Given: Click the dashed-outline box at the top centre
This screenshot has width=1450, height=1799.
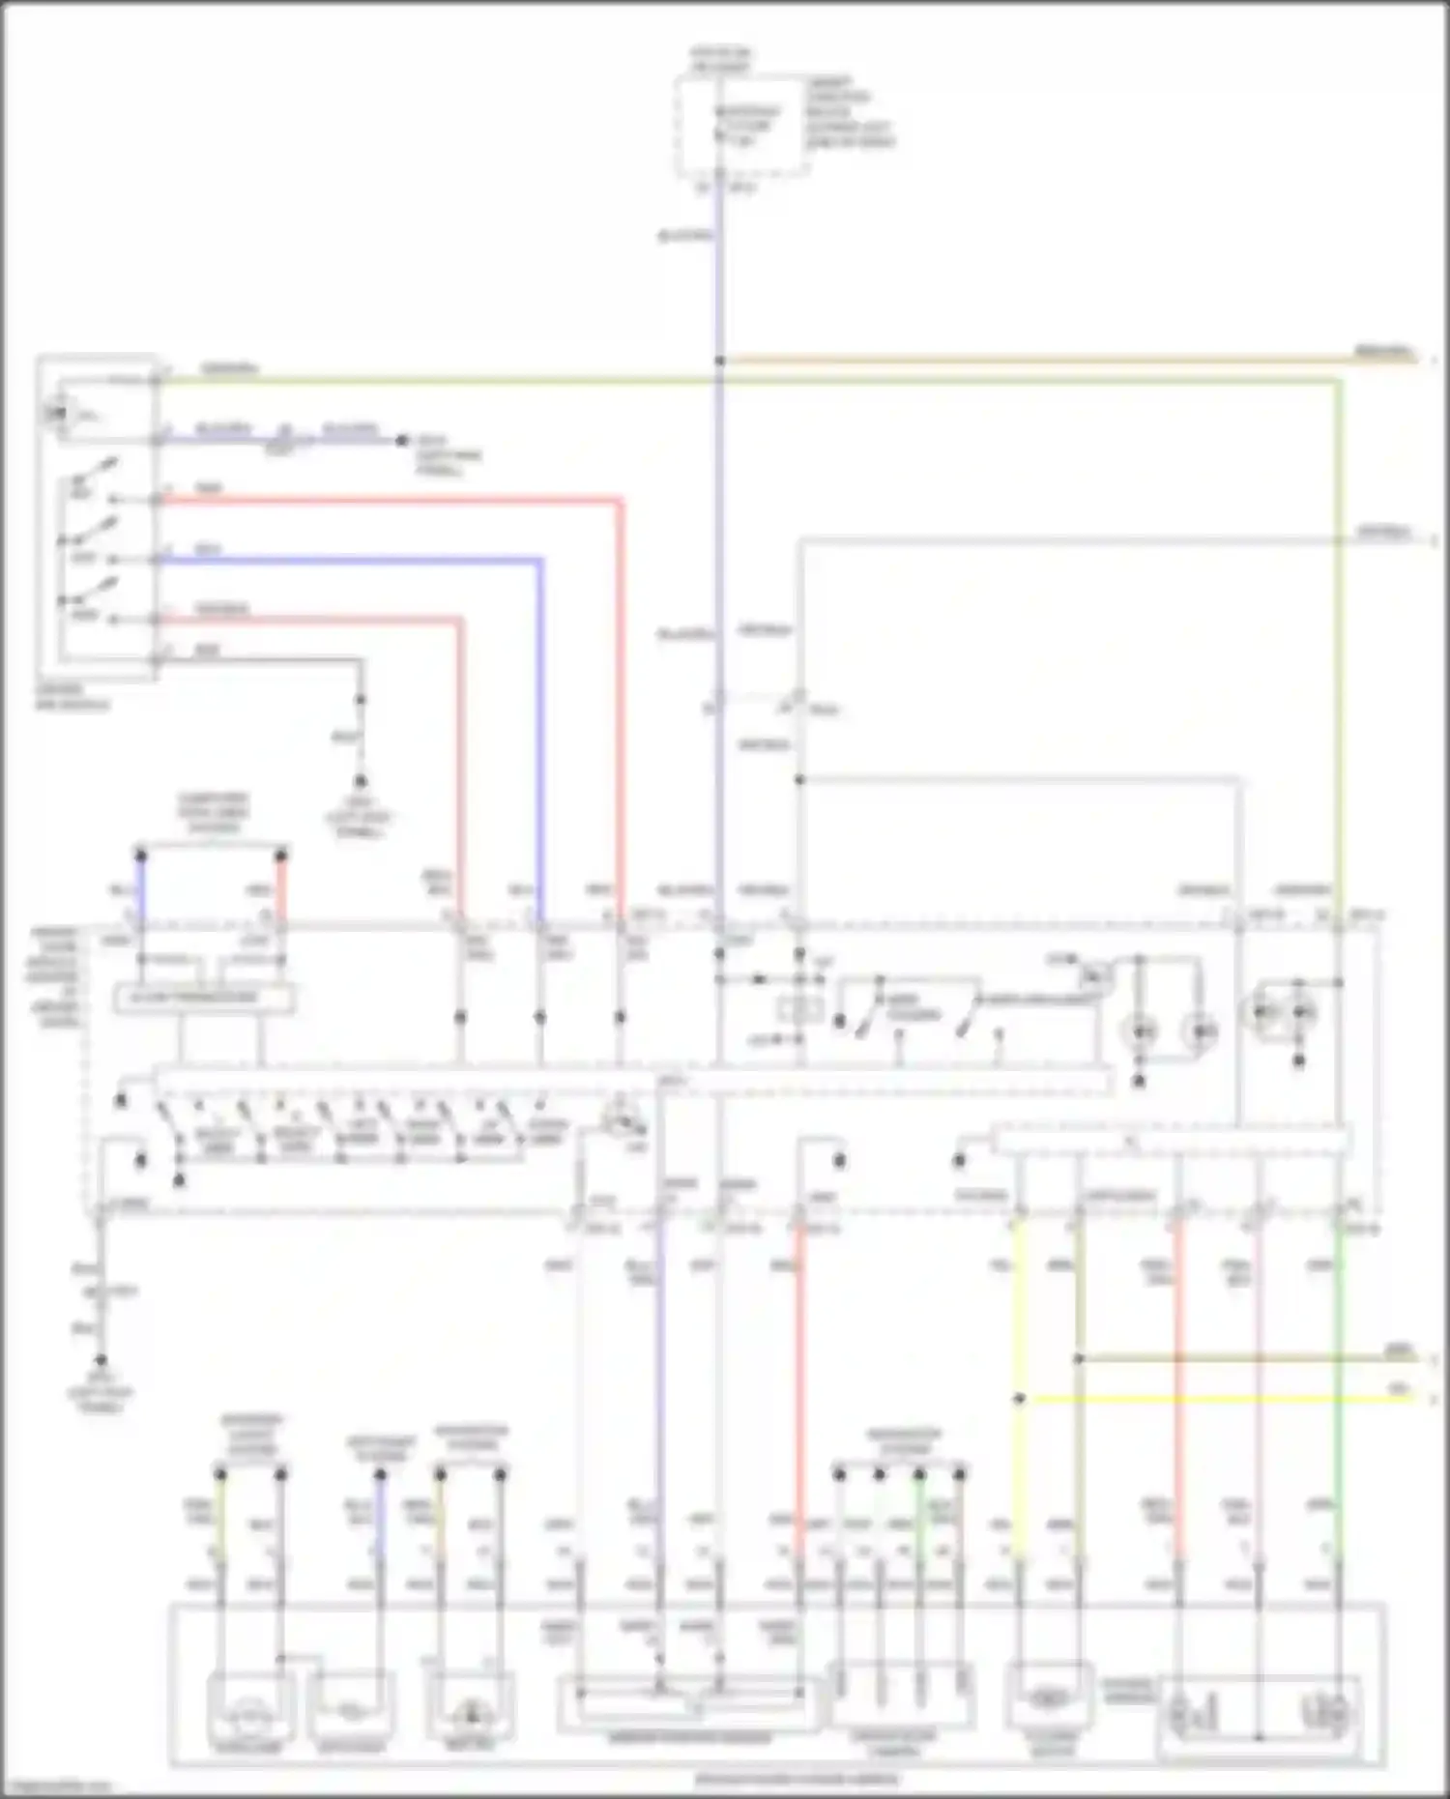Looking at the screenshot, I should click(x=742, y=128).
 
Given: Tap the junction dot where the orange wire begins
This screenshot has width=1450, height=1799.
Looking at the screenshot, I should click(x=720, y=361).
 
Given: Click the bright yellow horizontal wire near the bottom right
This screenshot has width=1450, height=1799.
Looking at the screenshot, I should click(x=1208, y=1398).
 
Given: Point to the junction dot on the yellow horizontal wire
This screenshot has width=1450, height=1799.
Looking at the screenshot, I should click(x=1019, y=1398).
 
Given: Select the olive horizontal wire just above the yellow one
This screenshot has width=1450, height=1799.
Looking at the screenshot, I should click(x=1237, y=1358).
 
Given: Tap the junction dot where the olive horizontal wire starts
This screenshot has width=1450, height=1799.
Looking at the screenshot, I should click(x=1079, y=1358).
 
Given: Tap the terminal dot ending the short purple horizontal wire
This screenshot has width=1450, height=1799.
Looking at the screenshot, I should click(x=402, y=441).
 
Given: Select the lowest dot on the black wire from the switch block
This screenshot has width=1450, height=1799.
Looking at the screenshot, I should click(x=361, y=779).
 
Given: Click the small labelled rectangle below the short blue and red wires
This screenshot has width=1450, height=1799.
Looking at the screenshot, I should click(x=204, y=998).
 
